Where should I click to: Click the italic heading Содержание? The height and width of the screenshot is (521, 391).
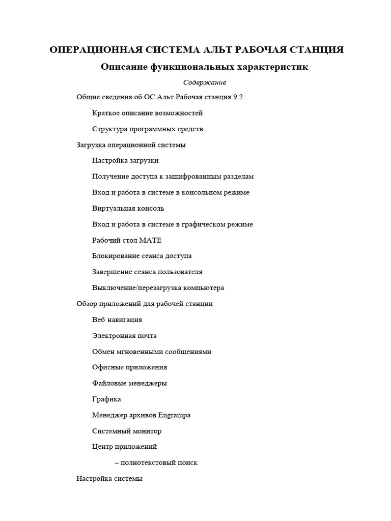205,82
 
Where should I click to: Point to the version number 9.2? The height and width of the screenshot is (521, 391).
237,97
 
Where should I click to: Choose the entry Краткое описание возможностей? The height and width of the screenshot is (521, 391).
147,113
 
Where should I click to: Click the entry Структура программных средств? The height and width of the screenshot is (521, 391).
147,129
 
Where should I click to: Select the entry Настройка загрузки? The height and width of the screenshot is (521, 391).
125,161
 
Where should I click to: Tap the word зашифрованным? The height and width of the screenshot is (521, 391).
197,177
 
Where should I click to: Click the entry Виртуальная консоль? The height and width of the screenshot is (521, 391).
128,209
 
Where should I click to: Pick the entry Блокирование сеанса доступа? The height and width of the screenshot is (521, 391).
142,256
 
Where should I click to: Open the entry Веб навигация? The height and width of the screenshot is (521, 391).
117,320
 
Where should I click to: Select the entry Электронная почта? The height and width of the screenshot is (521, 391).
124,336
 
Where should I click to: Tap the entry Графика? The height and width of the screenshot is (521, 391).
106,399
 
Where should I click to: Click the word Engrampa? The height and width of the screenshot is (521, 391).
175,415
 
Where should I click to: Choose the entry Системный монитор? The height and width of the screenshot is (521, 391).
127,431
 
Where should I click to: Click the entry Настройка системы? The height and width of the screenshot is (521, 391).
109,479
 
